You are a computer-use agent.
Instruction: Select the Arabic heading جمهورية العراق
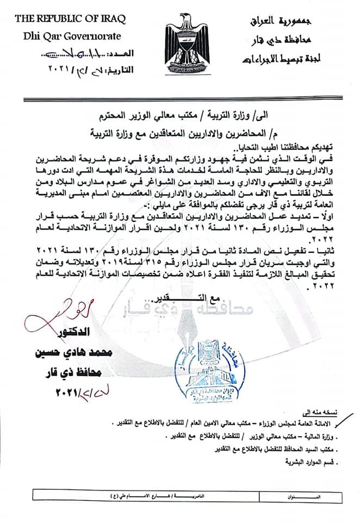301,22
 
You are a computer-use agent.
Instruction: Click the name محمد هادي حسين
74,352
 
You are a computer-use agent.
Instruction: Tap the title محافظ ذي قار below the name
73,373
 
